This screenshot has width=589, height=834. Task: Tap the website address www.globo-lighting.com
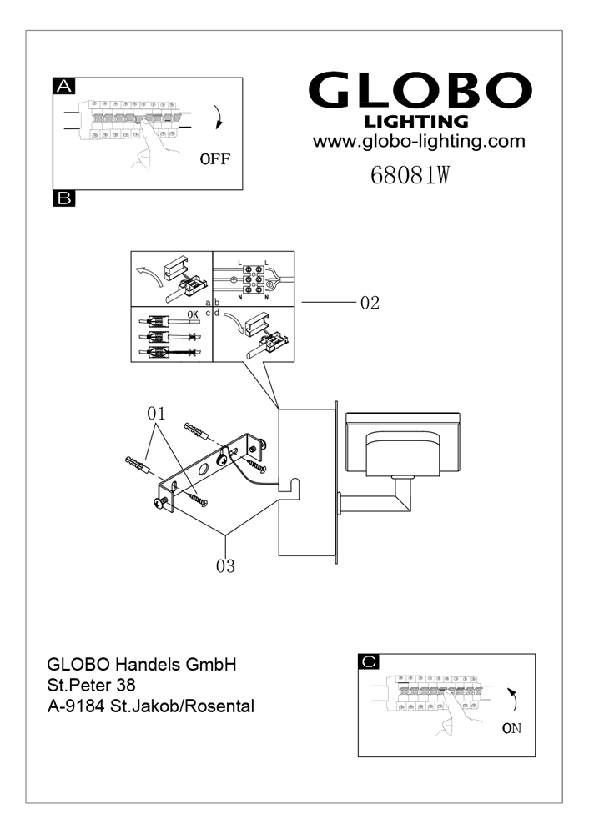tap(419, 141)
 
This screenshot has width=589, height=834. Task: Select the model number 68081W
tap(410, 177)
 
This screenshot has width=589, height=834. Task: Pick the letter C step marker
tap(369, 661)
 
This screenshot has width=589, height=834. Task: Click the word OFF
tap(214, 158)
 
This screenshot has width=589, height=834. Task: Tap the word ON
tap(511, 727)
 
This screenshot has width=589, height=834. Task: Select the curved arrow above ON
tap(513, 697)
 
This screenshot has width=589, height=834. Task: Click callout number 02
tap(370, 304)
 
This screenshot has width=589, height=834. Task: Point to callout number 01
tap(157, 413)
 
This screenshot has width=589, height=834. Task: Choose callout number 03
tap(225, 566)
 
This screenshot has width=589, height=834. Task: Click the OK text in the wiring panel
tap(193, 314)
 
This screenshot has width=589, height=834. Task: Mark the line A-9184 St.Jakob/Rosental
tap(151, 706)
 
